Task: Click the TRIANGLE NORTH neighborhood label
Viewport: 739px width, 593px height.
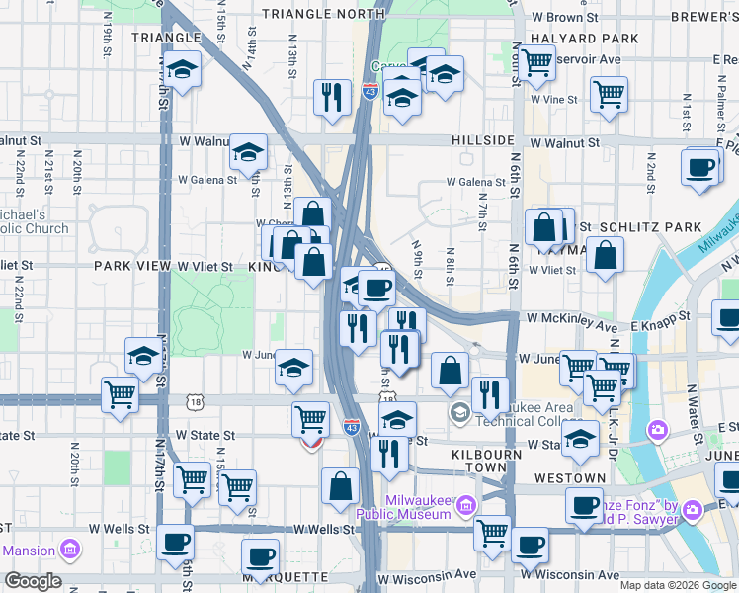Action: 322,14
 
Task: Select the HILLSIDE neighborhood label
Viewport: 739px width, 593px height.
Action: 483,141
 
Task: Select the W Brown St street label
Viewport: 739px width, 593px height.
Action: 565,17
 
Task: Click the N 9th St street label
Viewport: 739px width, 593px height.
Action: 418,259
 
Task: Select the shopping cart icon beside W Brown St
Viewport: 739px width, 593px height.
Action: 536,63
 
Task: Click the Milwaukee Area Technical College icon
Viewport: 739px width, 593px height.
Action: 459,411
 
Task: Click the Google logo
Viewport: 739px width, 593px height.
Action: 33,581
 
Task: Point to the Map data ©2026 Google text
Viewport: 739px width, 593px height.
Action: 677,585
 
